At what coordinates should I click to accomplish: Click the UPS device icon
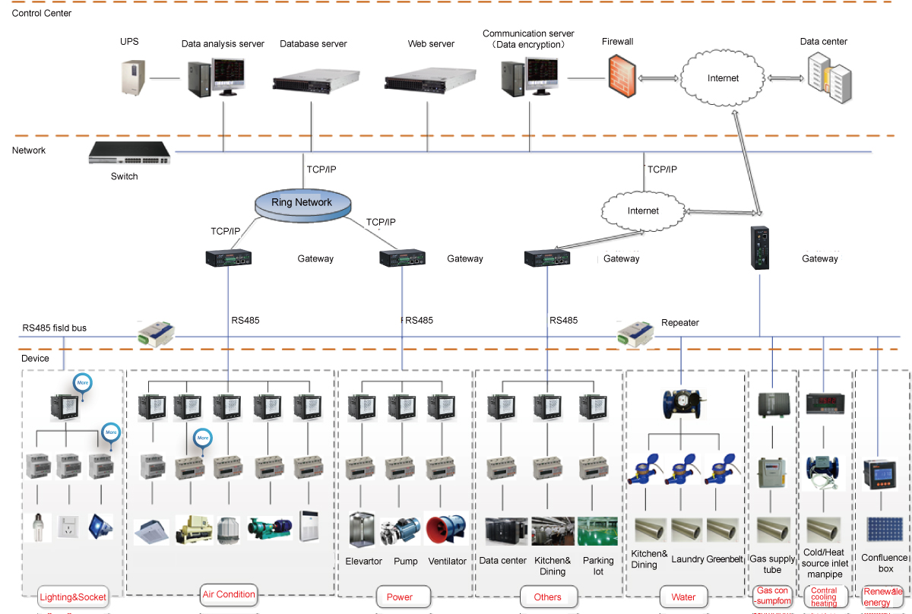tap(134, 77)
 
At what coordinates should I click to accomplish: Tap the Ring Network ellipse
tap(302, 203)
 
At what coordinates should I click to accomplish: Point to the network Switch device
tap(129, 153)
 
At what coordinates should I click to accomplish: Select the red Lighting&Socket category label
tap(73, 597)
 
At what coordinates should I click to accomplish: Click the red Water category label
tap(683, 597)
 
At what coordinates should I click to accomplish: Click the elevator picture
tap(362, 530)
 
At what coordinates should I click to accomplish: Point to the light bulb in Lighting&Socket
tap(36, 526)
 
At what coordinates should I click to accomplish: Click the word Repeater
tap(680, 322)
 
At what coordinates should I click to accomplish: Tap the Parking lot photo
tap(597, 531)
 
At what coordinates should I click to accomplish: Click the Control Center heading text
tap(42, 13)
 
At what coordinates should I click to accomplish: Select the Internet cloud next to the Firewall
tap(722, 78)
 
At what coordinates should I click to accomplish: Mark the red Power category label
tap(400, 597)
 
